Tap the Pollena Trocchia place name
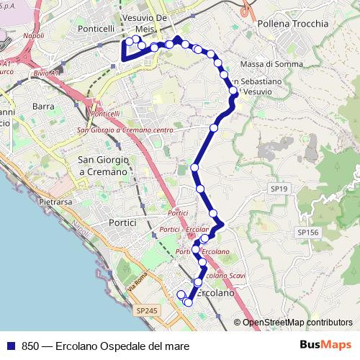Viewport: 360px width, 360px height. coord(292,24)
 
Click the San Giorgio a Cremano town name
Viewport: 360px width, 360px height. coord(102,166)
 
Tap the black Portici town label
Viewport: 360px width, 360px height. coord(122,223)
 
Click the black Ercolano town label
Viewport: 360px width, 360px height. coord(215,293)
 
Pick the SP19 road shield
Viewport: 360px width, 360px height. coord(279,188)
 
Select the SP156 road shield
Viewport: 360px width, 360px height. coord(307,232)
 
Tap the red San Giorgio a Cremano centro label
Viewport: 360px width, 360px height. coord(125,130)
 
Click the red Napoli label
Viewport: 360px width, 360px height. coord(33,35)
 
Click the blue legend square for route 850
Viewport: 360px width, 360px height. coord(10,346)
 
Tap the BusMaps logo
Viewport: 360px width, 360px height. coord(325,346)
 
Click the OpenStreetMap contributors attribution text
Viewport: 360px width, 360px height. coord(297,323)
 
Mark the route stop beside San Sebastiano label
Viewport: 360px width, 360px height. coord(233,91)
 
